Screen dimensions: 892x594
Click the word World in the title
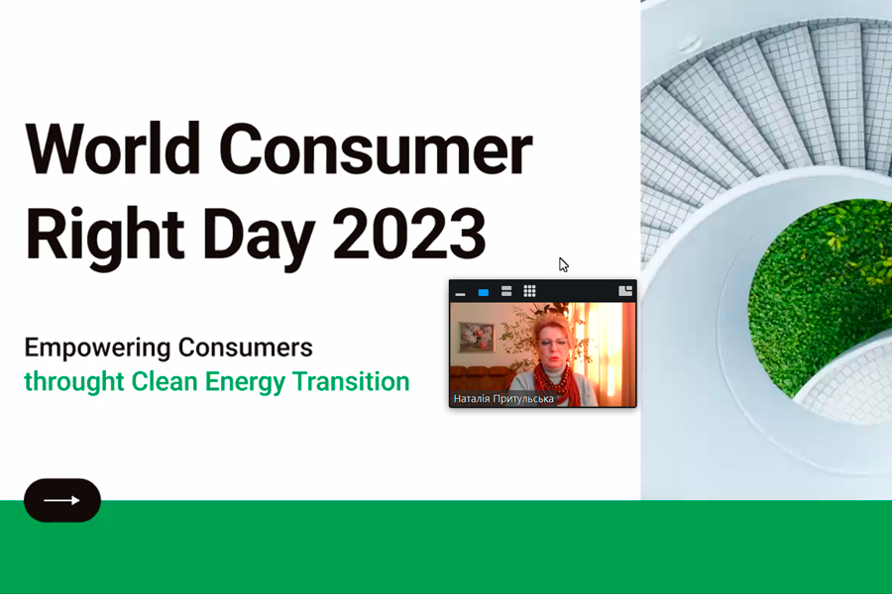(x=112, y=148)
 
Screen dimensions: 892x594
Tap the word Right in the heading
(x=105, y=236)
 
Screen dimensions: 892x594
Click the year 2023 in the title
(x=409, y=233)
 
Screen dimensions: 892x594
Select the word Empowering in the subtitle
(x=97, y=348)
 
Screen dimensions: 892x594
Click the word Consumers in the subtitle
(x=245, y=347)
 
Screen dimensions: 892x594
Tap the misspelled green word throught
(x=74, y=382)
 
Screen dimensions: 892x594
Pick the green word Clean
(x=165, y=381)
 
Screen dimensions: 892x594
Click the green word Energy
(x=245, y=382)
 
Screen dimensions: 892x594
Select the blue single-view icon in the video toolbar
(x=484, y=293)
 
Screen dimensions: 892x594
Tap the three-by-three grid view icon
(x=529, y=291)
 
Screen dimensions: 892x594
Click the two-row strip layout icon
(x=506, y=292)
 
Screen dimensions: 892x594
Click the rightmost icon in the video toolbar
(x=625, y=291)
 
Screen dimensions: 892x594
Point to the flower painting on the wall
(x=477, y=337)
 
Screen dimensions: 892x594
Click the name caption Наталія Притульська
(x=503, y=399)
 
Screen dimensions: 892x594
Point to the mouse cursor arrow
(x=563, y=265)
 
